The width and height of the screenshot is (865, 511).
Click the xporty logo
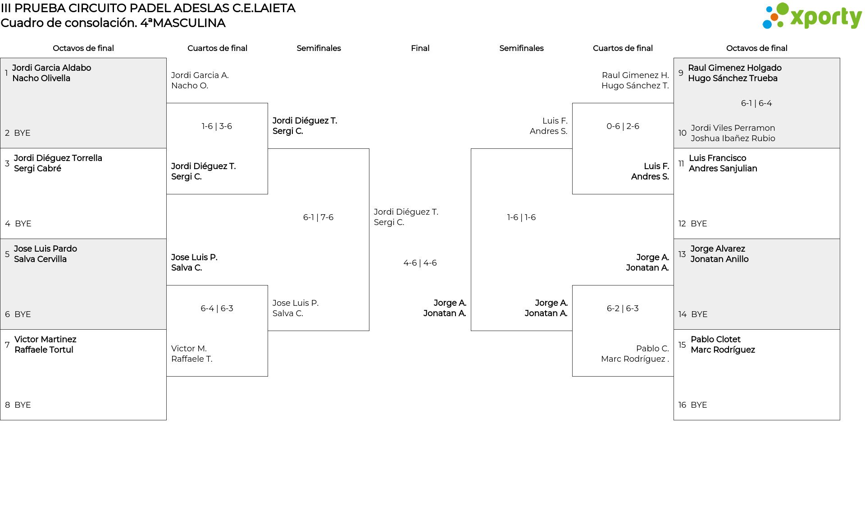pyautogui.click(x=812, y=16)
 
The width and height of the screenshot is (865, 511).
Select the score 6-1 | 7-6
pyautogui.click(x=318, y=217)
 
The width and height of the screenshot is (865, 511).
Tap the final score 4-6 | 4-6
pyautogui.click(x=420, y=263)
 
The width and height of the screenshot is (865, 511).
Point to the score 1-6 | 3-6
pyautogui.click(x=217, y=126)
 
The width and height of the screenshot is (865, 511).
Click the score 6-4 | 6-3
pyautogui.click(x=217, y=308)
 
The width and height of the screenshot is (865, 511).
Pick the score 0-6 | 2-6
pyautogui.click(x=623, y=126)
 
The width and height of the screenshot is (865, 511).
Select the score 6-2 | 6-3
pyautogui.click(x=623, y=308)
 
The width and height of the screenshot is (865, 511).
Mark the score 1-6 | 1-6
pyautogui.click(x=521, y=217)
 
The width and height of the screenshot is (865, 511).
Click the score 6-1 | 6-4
pyautogui.click(x=756, y=103)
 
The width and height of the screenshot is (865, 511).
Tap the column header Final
pyautogui.click(x=420, y=48)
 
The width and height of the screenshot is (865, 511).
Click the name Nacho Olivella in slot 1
pyautogui.click(x=41, y=78)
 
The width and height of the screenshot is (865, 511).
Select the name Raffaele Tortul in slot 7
pyautogui.click(x=44, y=350)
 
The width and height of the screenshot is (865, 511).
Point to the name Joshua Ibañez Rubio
pyautogui.click(x=733, y=138)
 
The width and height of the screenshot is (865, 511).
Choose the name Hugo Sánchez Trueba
pyautogui.click(x=733, y=78)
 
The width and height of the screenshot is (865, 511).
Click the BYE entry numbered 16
pyautogui.click(x=699, y=405)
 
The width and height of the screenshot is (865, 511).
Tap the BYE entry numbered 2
pyautogui.click(x=22, y=133)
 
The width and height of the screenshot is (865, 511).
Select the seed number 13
pyautogui.click(x=682, y=254)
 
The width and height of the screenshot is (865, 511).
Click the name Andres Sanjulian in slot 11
pyautogui.click(x=723, y=169)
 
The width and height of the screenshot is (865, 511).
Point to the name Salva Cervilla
pyautogui.click(x=40, y=259)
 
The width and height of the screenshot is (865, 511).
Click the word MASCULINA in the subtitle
pyautogui.click(x=189, y=23)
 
